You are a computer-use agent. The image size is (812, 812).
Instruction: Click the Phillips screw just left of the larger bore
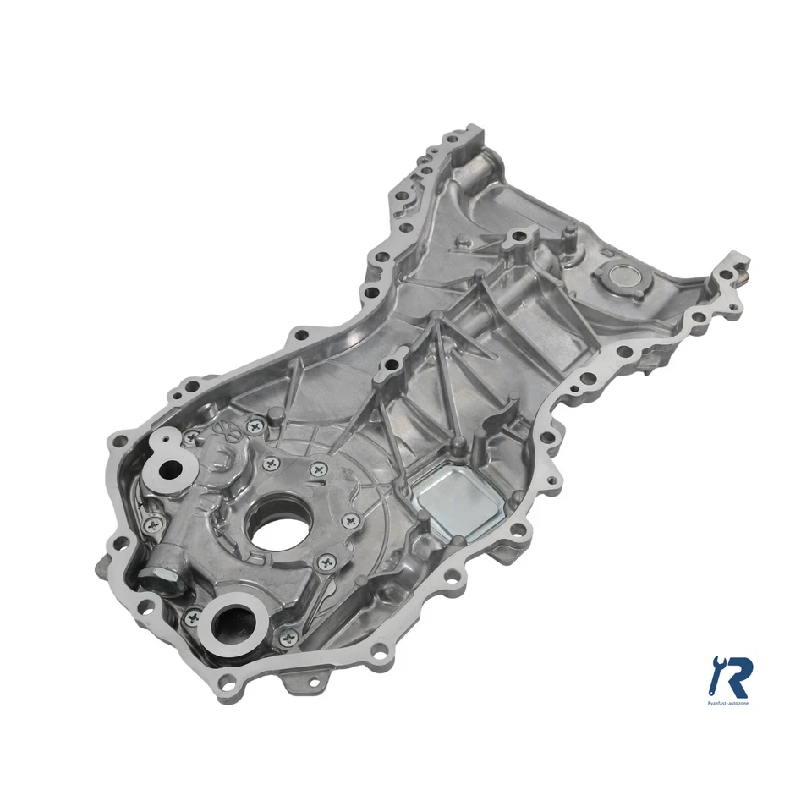[x=196, y=619]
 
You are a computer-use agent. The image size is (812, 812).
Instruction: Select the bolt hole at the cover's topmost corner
[x=474, y=135]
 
